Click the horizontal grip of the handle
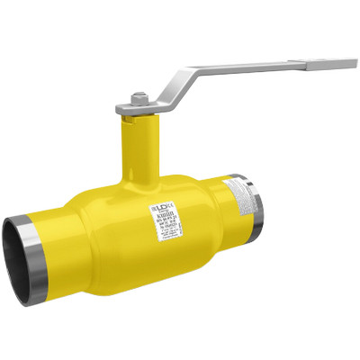point(288,64)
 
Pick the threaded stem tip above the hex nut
point(138,92)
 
